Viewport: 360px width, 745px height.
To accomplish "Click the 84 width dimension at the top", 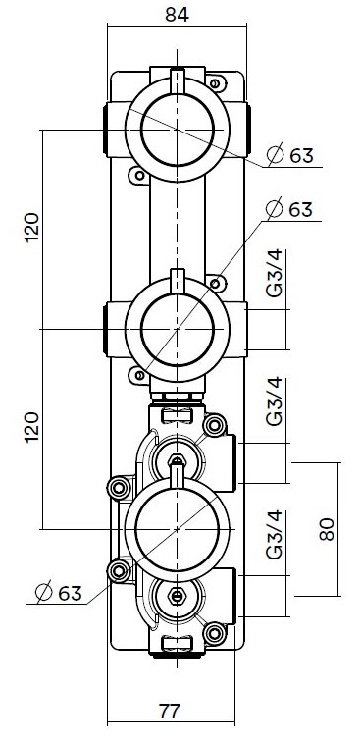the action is tap(177, 15).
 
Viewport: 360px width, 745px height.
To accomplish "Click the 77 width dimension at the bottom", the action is tap(170, 712).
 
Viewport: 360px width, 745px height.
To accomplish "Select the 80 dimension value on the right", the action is tap(327, 529).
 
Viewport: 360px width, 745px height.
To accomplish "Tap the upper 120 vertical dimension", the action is tap(32, 227).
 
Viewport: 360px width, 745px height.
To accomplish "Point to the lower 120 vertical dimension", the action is tap(32, 428).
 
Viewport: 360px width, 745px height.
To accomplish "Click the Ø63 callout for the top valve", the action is tap(290, 155).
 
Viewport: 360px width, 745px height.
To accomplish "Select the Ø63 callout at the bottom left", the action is tap(59, 593).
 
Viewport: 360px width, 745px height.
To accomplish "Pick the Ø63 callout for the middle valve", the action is tap(289, 209).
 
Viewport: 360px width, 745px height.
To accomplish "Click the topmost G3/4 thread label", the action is tap(275, 273).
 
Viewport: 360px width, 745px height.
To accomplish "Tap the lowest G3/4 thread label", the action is tap(275, 535).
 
